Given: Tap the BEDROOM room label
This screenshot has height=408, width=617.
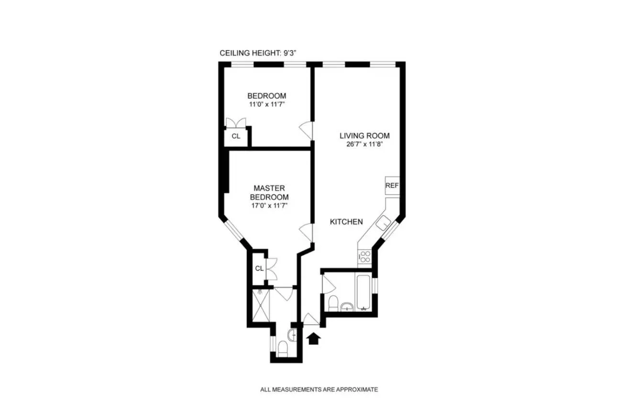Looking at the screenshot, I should [266, 95].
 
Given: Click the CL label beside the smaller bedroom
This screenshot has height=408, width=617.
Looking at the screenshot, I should [236, 136].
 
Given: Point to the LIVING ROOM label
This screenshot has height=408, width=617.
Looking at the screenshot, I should [361, 135].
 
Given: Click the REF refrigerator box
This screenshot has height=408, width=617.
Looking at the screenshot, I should [392, 186].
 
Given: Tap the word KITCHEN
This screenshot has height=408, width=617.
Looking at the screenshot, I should [346, 222].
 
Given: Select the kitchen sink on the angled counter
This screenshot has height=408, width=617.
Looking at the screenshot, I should [383, 223].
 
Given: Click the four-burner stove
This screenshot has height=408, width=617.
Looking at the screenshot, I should [364, 257].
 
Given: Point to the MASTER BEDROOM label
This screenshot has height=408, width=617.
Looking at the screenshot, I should [271, 192].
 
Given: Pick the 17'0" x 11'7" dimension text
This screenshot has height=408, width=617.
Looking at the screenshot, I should [271, 206].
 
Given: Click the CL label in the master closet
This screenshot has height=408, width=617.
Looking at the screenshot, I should [259, 268].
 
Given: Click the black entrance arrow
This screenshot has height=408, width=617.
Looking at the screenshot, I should [313, 339].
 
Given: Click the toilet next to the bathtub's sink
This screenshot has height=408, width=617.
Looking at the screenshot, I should [333, 303].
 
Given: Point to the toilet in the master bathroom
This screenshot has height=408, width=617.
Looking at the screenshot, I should [282, 349].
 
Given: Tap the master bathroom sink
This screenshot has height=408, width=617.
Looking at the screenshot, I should [293, 335].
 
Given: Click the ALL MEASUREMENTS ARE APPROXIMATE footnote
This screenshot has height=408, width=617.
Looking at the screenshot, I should [319, 390].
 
